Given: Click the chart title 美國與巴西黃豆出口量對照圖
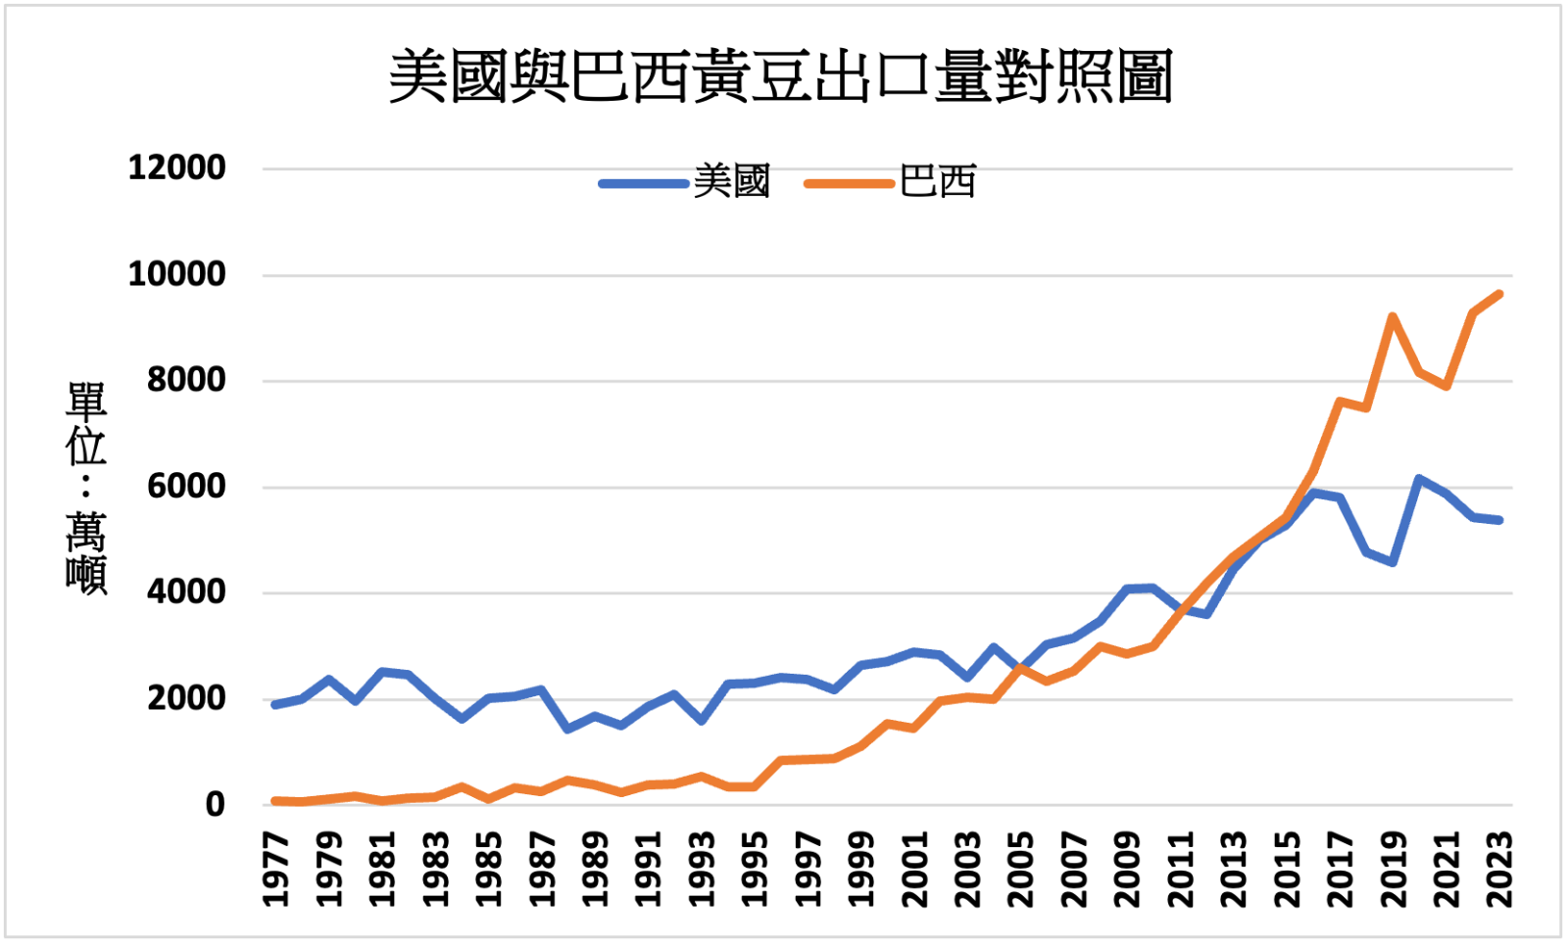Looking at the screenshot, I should (781, 76).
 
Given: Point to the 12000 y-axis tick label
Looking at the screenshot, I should (177, 167).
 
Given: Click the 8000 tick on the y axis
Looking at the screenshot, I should (186, 380).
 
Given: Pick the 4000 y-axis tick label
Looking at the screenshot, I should (186, 592).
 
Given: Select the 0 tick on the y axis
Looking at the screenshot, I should (215, 805).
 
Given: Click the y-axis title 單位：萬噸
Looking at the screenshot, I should (86, 487).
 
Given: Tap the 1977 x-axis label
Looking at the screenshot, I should (276, 870).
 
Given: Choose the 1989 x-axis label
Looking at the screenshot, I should (595, 870).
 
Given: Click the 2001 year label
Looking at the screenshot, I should (914, 870).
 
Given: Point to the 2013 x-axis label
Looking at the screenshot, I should (1233, 870).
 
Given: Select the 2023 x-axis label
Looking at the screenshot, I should (1499, 870).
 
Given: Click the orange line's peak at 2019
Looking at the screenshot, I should (1393, 316).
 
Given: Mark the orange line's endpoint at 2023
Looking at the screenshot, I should (1499, 294).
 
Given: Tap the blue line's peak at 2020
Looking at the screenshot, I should (1419, 479).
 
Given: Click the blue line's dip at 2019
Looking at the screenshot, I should (1393, 562).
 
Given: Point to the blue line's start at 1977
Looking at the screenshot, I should (275, 704).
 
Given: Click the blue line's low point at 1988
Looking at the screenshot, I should (568, 729).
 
